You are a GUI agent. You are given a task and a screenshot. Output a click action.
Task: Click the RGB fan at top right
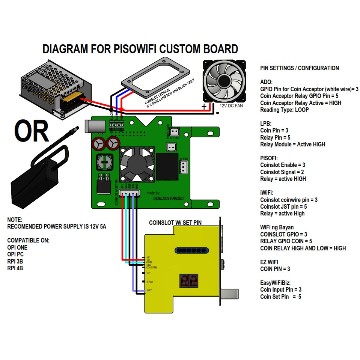point(224,80)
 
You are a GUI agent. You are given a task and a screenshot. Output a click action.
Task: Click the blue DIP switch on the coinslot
point(191,250)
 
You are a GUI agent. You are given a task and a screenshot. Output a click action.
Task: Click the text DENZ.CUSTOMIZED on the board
point(169,198)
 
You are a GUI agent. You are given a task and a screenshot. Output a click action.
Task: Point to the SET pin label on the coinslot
point(149,291)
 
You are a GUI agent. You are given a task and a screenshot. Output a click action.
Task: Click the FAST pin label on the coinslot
point(150,282)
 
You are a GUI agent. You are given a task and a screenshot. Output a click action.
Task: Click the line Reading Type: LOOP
point(284,110)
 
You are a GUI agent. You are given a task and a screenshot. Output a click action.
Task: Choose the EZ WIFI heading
point(269,262)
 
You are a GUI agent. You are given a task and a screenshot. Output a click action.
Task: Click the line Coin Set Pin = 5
point(280,297)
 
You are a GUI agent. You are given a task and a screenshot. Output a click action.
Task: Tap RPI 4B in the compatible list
point(15,268)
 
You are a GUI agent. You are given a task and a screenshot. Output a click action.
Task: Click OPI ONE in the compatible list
point(17,248)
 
